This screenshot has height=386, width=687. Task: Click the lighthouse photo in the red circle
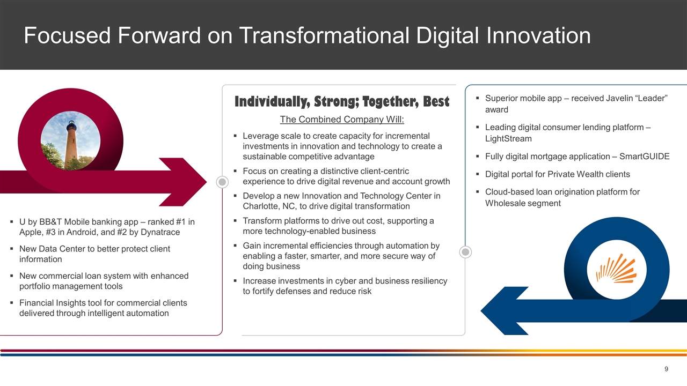(70, 140)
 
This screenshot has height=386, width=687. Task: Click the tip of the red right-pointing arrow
(207, 182)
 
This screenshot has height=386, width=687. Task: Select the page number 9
(666, 369)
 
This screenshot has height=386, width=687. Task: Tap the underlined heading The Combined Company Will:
(342, 119)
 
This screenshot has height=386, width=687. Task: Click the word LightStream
(508, 138)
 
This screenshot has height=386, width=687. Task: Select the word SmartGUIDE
(645, 156)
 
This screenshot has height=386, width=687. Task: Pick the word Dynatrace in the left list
(160, 232)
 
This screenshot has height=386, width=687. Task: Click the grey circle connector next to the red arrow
(222, 182)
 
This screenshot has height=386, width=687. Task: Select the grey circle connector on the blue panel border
(465, 252)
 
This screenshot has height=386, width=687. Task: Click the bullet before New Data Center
(12, 248)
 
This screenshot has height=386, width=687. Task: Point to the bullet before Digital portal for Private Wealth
(478, 174)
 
